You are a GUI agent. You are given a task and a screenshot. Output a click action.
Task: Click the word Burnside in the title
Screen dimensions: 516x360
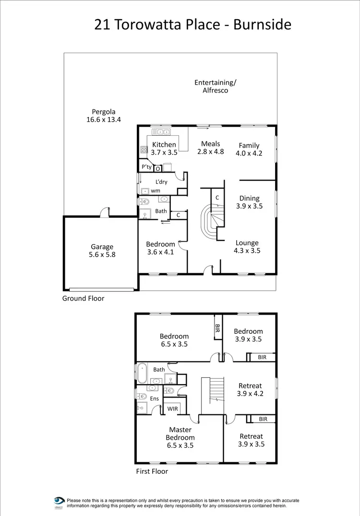[x=262, y=24]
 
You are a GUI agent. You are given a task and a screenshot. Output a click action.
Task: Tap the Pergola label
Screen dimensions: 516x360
[x=104, y=112]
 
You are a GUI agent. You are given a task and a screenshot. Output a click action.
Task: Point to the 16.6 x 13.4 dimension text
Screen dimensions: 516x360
[x=104, y=120]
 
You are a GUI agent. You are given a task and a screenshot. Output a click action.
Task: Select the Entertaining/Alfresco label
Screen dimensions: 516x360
[x=215, y=86]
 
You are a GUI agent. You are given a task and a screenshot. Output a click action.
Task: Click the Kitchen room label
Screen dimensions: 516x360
[x=164, y=144]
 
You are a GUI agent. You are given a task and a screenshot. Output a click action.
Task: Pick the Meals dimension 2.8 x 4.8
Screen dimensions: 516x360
[x=211, y=152]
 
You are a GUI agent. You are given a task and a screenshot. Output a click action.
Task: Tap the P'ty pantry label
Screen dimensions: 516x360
[x=146, y=167]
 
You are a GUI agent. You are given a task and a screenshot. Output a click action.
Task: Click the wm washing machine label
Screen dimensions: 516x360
[x=156, y=190]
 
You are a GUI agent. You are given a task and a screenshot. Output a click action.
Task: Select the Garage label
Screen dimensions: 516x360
[x=102, y=246]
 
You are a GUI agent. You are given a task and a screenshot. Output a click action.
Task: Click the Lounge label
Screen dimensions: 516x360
[x=247, y=243]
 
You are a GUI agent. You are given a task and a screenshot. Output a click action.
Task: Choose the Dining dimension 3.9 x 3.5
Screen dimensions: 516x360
[x=249, y=206]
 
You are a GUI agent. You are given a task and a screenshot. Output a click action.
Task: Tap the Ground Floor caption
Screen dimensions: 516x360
[x=83, y=298]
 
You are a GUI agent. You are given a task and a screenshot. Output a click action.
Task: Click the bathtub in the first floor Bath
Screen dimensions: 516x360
[x=142, y=372]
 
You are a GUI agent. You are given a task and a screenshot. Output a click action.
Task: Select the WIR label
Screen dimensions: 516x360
[x=172, y=409]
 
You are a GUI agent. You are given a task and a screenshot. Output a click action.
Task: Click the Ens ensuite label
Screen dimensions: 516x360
[x=155, y=398]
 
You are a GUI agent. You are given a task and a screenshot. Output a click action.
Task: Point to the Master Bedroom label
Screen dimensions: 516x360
[x=180, y=434]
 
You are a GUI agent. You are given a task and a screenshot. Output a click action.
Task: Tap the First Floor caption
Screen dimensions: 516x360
[x=152, y=471]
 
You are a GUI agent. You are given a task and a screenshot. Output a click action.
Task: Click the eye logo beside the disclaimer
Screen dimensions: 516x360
[x=59, y=500]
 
